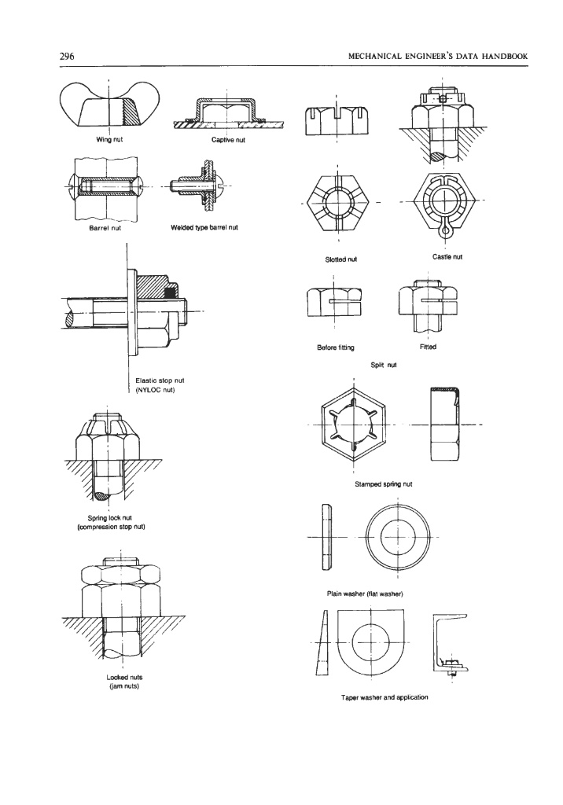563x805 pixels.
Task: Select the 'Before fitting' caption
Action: [x=337, y=347]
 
